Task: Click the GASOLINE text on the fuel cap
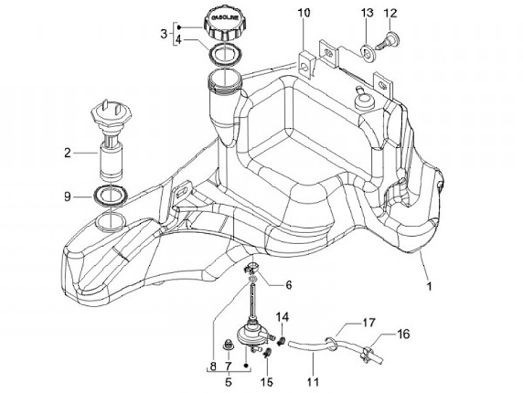tap(225, 18)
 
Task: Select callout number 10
tap(304, 13)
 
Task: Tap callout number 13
tap(368, 13)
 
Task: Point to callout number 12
tap(391, 13)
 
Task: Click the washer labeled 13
tap(368, 52)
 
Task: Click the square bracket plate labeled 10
tap(307, 65)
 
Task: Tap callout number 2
tap(68, 153)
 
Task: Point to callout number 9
tap(68, 197)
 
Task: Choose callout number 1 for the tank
tap(429, 286)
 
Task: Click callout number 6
tap(288, 285)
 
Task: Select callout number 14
tap(282, 317)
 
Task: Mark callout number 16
tap(403, 334)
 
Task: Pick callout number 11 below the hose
tap(312, 381)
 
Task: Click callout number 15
tap(267, 381)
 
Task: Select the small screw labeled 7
tap(228, 344)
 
